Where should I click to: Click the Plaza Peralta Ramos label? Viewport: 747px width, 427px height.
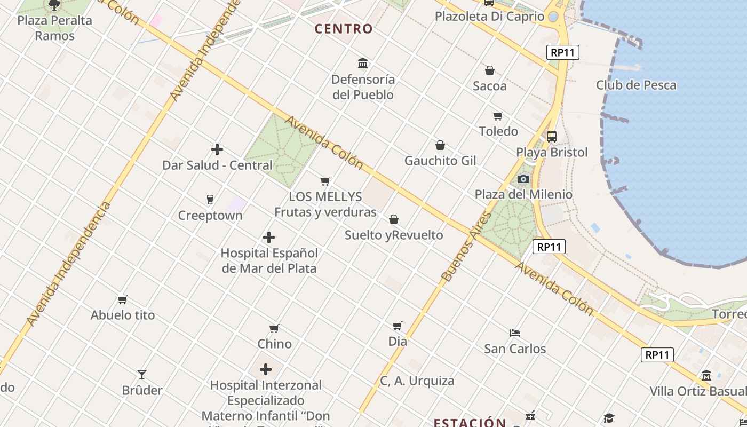tap(54, 28)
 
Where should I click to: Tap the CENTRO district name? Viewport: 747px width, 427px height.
tap(344, 29)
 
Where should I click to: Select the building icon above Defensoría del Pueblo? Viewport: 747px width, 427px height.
tap(363, 64)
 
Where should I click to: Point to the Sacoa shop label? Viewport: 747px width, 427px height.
tap(490, 85)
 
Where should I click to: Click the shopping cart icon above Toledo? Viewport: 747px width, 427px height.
tap(498, 116)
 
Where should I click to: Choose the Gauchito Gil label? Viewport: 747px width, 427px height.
tap(440, 161)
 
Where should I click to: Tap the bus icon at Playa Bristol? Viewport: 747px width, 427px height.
tap(552, 137)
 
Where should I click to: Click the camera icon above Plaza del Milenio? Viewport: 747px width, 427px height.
tap(523, 179)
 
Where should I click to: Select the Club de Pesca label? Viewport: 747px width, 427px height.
tap(636, 85)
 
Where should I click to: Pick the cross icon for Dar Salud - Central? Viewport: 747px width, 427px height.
tap(217, 149)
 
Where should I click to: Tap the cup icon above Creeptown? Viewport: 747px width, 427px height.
tap(210, 200)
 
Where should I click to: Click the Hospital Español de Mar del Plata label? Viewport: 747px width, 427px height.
tap(269, 260)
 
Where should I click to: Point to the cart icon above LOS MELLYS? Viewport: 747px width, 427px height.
tap(325, 181)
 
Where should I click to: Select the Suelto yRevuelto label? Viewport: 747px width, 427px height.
tap(394, 235)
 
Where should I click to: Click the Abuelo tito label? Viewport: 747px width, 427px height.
tap(123, 315)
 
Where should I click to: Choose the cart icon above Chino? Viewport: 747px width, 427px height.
tap(274, 328)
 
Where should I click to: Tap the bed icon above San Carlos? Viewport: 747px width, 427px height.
tap(515, 333)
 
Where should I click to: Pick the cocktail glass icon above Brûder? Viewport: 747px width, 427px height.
tap(142, 374)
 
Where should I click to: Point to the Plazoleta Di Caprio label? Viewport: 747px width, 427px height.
tap(489, 17)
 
